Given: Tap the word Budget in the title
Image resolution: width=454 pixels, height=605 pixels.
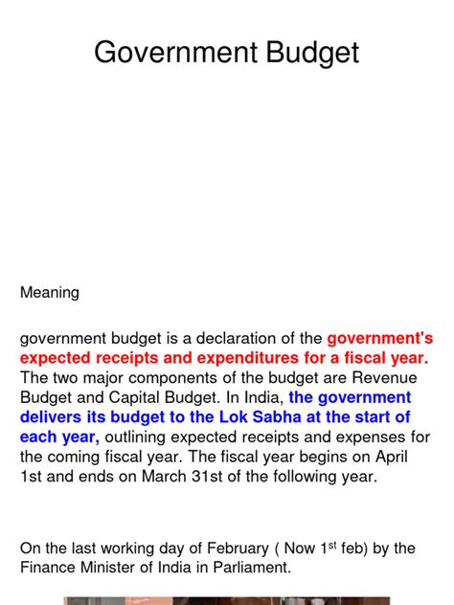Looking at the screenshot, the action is coord(308,54).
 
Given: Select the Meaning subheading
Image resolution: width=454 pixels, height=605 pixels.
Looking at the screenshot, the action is coord(50,293).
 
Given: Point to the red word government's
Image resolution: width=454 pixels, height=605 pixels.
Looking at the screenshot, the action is coord(380,339).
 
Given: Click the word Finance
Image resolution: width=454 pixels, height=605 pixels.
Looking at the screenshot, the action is coord(48,569).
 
